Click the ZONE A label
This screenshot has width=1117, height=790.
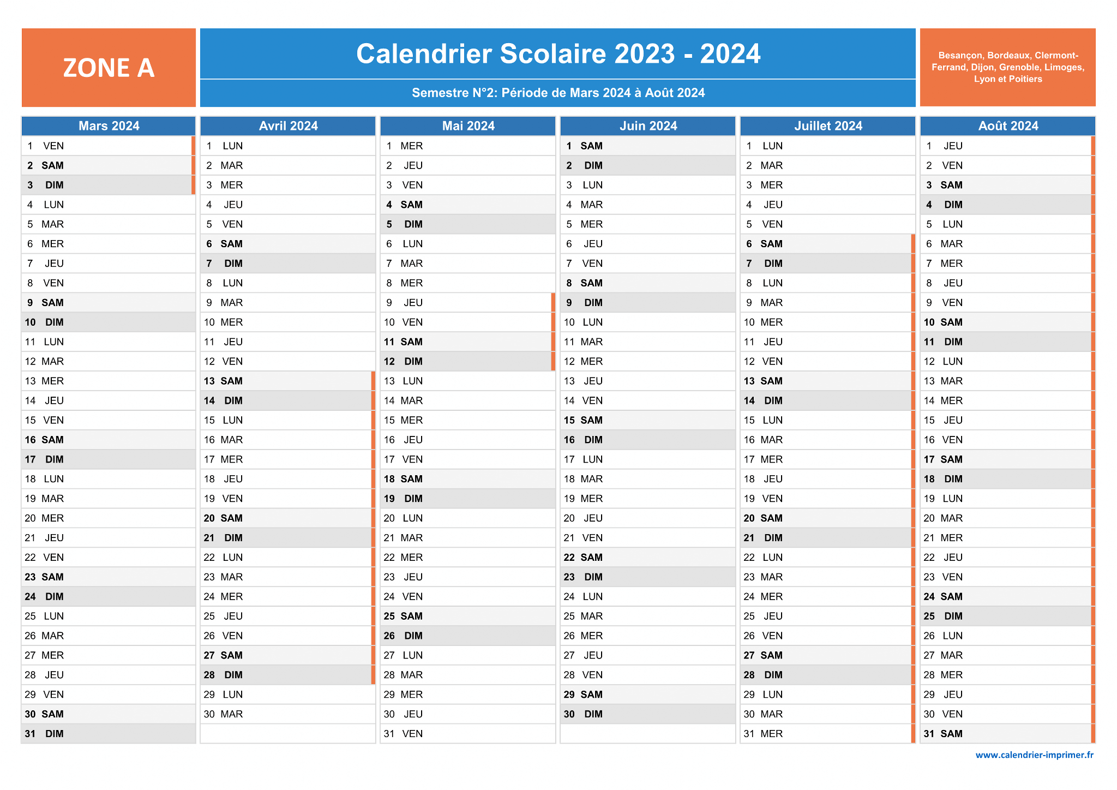click(109, 68)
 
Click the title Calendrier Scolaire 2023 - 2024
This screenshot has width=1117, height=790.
click(558, 53)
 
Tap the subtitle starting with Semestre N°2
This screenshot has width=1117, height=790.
click(558, 93)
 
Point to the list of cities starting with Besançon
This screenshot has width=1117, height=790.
click(1008, 67)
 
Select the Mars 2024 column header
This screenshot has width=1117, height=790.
click(109, 126)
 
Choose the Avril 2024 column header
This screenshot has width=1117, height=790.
click(288, 126)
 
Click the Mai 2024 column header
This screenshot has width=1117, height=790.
click(468, 126)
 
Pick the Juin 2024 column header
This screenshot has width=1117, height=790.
click(648, 126)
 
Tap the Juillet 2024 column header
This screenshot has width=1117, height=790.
click(828, 126)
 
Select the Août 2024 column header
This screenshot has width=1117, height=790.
click(1008, 126)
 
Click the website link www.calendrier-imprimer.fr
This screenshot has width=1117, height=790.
click(1035, 755)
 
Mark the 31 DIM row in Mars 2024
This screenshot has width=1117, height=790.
click(109, 734)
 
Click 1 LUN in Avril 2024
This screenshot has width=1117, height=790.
click(288, 146)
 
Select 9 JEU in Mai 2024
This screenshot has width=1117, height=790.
click(468, 303)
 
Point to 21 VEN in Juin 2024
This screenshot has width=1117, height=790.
click(648, 538)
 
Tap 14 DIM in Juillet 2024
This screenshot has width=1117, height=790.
click(828, 400)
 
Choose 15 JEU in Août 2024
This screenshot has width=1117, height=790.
click(1008, 420)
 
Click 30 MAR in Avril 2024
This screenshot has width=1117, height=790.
click(288, 714)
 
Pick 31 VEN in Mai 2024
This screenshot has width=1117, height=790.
click(468, 734)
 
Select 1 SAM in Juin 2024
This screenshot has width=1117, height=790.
click(648, 146)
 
